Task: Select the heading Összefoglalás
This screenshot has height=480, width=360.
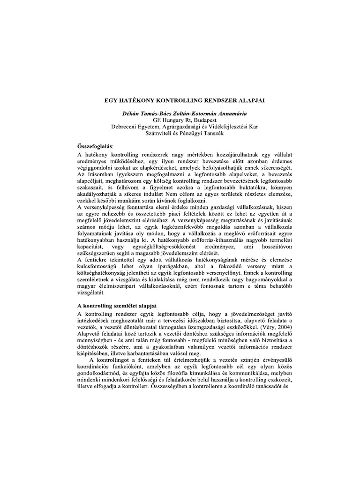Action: tap(94, 146)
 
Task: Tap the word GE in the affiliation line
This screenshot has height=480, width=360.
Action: tap(151, 120)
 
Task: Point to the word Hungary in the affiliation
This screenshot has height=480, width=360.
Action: tap(166, 120)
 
